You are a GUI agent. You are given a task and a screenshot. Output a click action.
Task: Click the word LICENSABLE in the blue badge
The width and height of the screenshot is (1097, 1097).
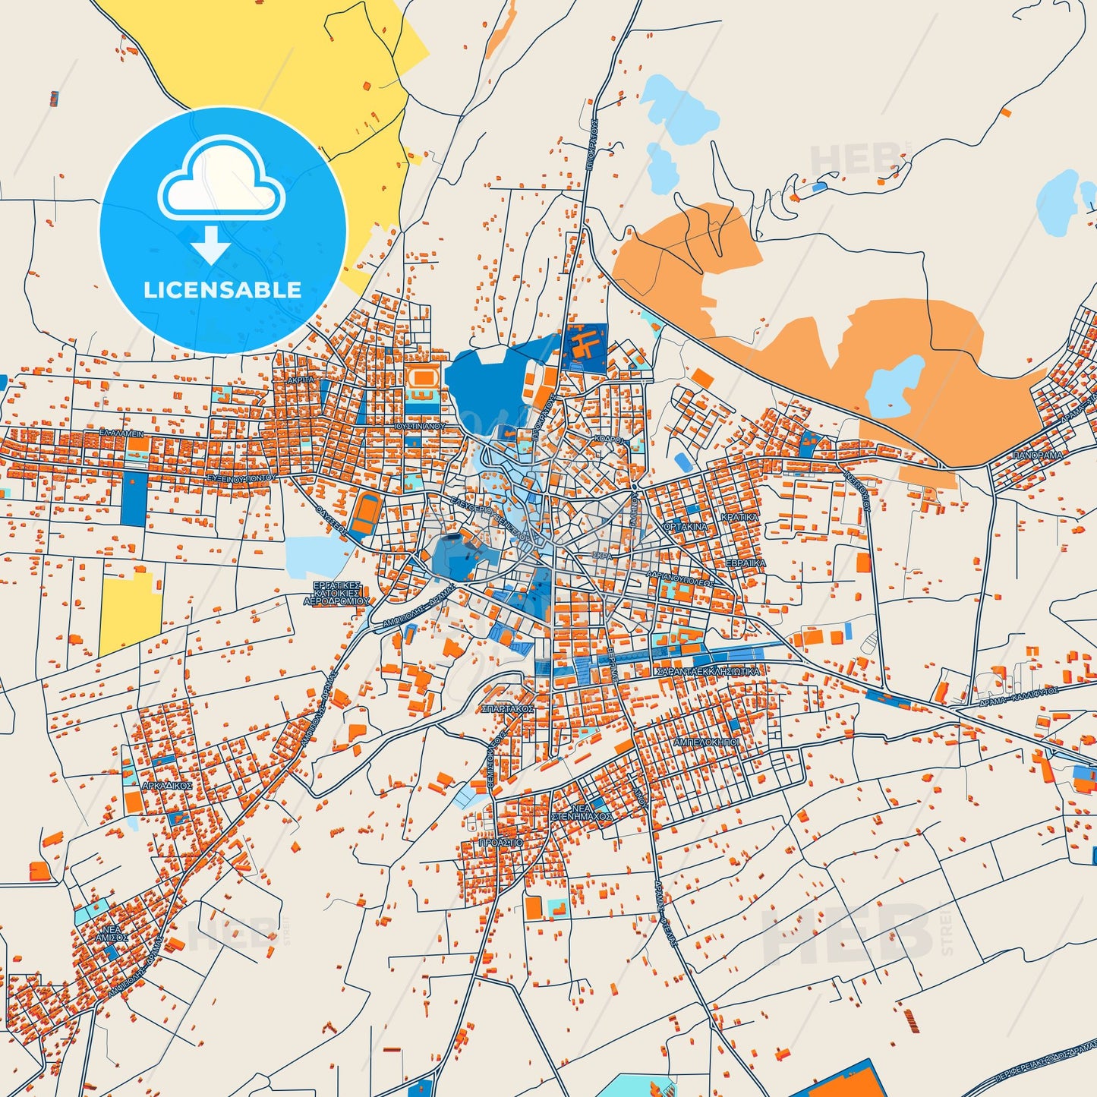[x=222, y=290]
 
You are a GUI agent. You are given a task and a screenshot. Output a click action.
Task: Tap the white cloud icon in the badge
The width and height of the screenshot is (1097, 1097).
[x=221, y=181]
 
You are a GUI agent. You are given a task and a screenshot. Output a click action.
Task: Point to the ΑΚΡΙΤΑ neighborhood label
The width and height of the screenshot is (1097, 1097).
[x=301, y=380]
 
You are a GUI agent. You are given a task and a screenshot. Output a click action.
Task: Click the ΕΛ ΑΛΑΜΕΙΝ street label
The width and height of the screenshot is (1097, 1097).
[x=121, y=433]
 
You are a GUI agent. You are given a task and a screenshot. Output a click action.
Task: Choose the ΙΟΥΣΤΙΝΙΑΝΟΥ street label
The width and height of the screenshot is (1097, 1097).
[x=420, y=427]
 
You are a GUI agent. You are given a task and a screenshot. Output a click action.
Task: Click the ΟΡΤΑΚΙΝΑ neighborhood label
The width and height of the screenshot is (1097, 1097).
[x=686, y=527]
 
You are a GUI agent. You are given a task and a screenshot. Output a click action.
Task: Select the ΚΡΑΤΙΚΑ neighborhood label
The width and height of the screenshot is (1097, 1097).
[x=739, y=517]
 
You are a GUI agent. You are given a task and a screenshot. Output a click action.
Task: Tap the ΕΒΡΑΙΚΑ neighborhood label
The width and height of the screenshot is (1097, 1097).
[x=746, y=563]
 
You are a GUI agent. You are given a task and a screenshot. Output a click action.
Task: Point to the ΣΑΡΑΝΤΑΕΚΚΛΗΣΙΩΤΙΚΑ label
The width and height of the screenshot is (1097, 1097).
[x=707, y=672]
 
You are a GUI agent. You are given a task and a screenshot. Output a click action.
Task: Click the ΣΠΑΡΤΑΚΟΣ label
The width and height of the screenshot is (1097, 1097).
[x=508, y=708]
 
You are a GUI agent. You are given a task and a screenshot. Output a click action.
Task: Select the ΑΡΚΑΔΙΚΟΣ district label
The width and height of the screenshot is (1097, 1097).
[x=167, y=786]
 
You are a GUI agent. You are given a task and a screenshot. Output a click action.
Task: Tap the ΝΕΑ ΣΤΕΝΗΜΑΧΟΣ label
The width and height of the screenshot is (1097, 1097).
[x=582, y=812]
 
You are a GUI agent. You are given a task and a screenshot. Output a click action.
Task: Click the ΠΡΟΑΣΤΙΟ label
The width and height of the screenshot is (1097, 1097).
[x=501, y=843]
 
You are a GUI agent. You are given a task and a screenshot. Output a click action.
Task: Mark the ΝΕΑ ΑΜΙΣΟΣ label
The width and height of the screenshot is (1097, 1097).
[x=112, y=933]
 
